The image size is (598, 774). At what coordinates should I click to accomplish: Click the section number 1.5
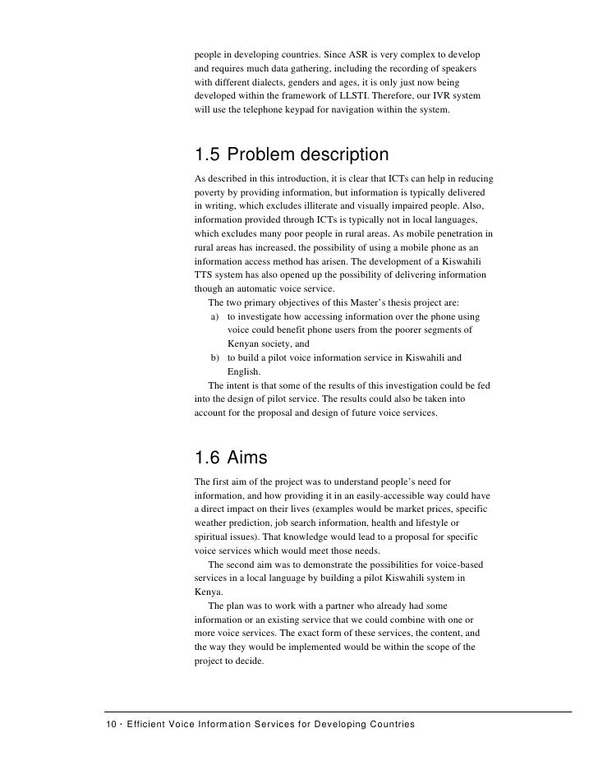208,155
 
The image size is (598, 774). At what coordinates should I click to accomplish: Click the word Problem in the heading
262,155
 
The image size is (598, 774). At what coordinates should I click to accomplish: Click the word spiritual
213,537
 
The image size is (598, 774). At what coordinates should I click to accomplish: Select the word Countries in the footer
389,724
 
